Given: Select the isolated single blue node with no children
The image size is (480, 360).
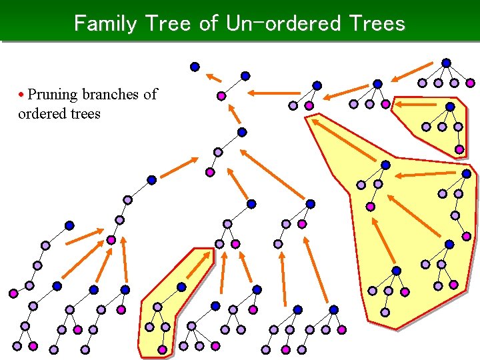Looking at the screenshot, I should coord(195,67).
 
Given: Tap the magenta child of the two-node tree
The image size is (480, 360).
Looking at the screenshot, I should coord(221,97).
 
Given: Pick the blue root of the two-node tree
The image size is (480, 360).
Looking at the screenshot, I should coord(245,76).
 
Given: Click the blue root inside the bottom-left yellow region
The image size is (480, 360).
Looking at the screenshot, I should coord(181,287).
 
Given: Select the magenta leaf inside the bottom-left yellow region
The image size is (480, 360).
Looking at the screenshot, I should coord(162,349).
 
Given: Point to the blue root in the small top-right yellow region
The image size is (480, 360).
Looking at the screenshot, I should coord(450,107).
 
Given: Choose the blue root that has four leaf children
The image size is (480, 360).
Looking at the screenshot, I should coord(446,63).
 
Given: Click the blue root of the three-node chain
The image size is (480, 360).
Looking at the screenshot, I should coord(242,132).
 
